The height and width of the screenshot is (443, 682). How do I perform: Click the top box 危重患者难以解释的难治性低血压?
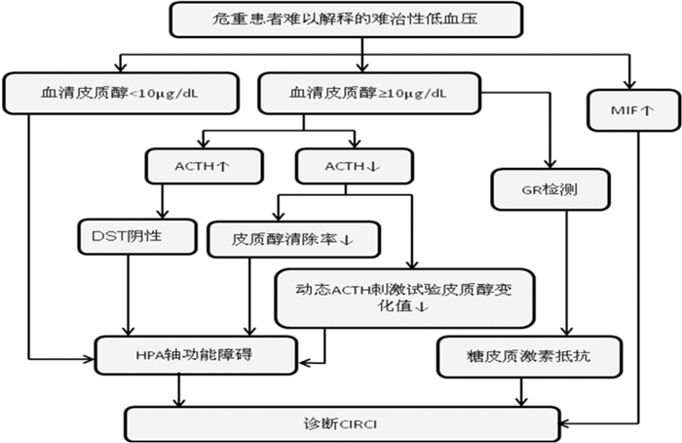tap(360, 19)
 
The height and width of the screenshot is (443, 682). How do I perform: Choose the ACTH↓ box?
tap(340, 166)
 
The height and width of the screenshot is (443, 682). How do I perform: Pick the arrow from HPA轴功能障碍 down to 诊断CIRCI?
tap(178, 389)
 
